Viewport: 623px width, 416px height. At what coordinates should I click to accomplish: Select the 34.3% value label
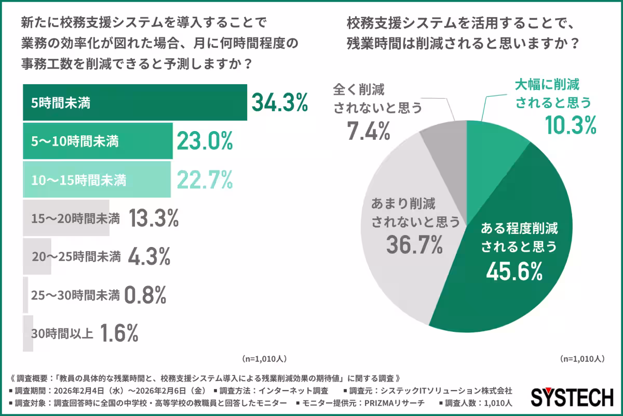[x=280, y=102]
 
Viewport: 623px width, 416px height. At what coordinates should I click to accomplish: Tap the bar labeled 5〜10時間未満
[x=97, y=140]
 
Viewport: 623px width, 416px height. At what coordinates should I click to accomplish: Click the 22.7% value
[x=205, y=180]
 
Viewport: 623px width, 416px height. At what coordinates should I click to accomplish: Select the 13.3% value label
[x=153, y=218]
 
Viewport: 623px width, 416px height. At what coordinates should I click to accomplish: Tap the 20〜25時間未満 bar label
[x=76, y=256]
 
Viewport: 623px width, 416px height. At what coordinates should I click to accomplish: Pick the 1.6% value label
[x=119, y=333]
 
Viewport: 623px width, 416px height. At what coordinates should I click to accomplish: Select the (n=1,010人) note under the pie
[x=582, y=359]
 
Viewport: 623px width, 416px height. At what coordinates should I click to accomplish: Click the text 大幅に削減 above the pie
[x=547, y=85]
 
